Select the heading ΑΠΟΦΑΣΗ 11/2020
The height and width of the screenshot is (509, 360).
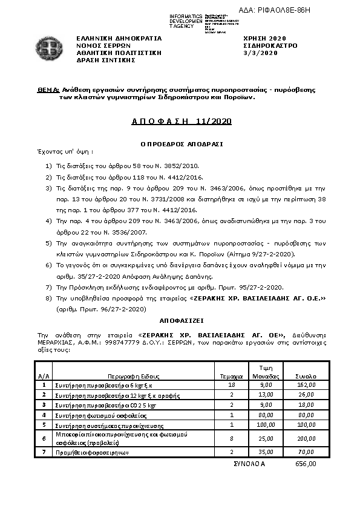click(182, 122)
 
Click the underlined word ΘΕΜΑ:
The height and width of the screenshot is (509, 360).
click(48, 89)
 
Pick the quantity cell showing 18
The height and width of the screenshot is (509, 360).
click(232, 384)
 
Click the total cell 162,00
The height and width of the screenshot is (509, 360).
click(307, 384)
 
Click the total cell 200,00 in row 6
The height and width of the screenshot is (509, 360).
click(307, 438)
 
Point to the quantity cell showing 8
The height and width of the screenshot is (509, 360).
click(232, 438)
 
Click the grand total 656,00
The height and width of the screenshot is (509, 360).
click(306, 464)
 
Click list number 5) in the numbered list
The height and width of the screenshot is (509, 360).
click(49, 242)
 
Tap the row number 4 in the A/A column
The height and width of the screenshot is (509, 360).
click(44, 415)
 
